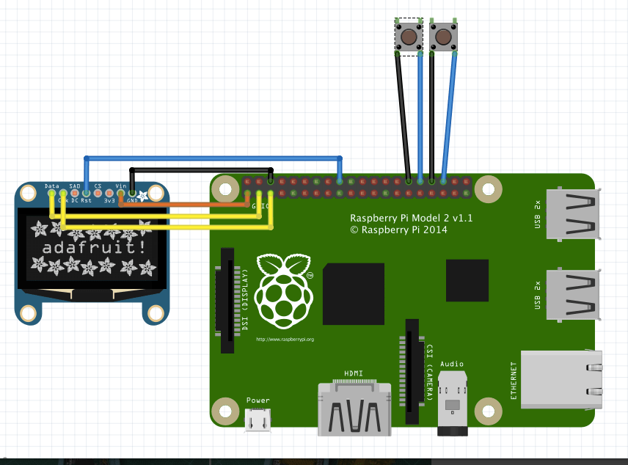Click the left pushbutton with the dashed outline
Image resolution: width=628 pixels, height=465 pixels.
408,37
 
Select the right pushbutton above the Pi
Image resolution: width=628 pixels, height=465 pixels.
443,37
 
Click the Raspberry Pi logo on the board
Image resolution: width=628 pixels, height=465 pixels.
284,291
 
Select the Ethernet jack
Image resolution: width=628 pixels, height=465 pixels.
562,379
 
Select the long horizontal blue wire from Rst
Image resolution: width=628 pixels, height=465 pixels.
213,158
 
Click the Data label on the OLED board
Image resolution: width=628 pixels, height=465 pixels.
51,187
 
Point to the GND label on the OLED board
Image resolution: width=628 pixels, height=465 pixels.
133,200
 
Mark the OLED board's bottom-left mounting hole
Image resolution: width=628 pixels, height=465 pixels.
29,314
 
